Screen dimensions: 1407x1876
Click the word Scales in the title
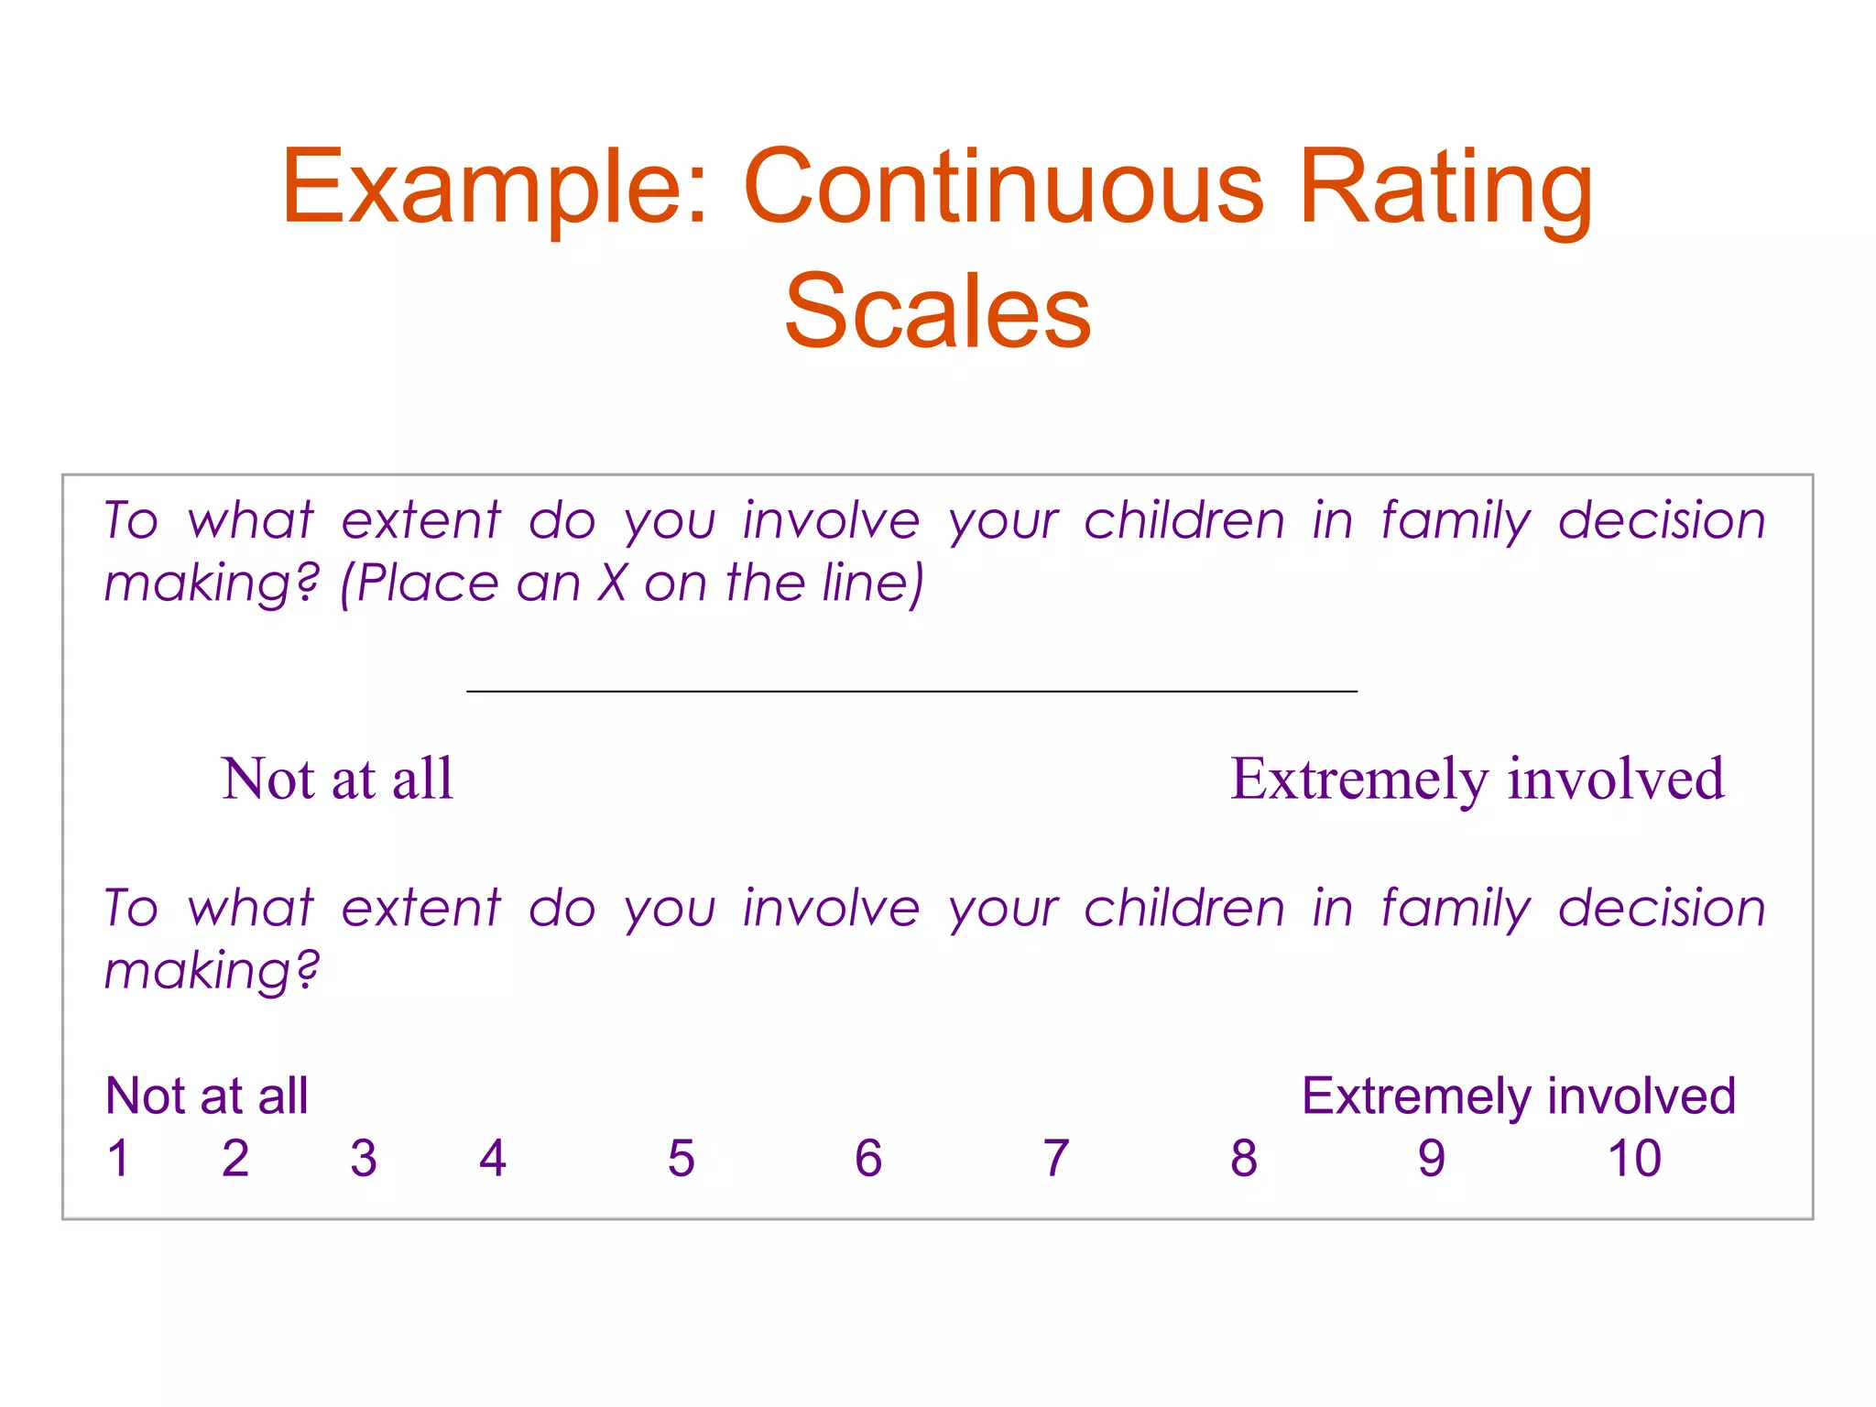937,311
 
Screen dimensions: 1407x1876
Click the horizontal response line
911,691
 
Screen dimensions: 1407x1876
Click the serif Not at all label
337,780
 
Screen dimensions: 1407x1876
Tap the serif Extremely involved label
1477,780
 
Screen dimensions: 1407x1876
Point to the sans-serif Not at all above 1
207,1096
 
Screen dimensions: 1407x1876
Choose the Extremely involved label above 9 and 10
1518,1096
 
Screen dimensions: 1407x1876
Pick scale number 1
118,1158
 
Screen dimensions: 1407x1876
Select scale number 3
364,1158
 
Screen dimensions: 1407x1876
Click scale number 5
682,1158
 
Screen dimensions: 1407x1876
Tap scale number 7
1056,1158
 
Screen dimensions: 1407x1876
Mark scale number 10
1634,1158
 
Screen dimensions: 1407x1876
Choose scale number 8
1244,1158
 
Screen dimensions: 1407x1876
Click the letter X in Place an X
612,583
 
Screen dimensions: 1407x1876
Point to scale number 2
235,1158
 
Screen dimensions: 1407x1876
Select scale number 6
868,1158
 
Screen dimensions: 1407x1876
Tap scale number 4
493,1158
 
